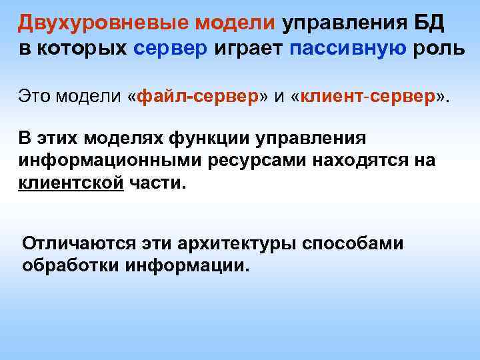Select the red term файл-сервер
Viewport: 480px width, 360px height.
point(197,98)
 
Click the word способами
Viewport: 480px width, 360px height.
point(353,244)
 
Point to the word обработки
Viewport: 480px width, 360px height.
point(71,265)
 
